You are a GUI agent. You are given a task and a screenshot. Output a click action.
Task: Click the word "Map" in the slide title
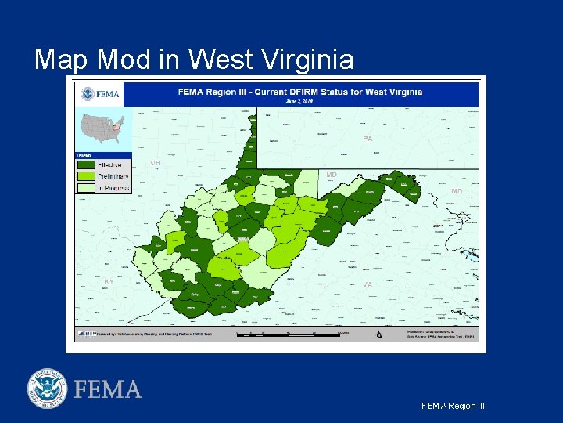pos(63,59)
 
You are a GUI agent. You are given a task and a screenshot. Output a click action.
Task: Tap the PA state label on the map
pos(368,139)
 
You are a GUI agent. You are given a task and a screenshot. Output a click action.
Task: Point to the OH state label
pos(156,163)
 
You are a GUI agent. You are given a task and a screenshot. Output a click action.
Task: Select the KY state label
pos(109,281)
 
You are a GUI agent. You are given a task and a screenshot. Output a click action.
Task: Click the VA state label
pos(368,284)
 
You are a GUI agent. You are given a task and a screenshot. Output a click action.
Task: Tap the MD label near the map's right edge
pos(457,191)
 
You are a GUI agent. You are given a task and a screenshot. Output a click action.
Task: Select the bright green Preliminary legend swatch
pos(85,176)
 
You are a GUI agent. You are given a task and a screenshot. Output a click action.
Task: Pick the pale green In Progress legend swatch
pos(85,187)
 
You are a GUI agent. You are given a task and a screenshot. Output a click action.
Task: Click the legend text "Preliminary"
pos(113,176)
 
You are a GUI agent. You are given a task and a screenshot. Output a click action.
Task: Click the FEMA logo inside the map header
pos(100,94)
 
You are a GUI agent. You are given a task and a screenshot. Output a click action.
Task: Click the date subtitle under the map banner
pos(299,101)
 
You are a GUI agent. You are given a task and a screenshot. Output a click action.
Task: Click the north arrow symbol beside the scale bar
pos(379,334)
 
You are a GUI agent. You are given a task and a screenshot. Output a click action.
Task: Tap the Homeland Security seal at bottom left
pos(48,388)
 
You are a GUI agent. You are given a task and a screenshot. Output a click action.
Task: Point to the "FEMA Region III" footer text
pos(453,406)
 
